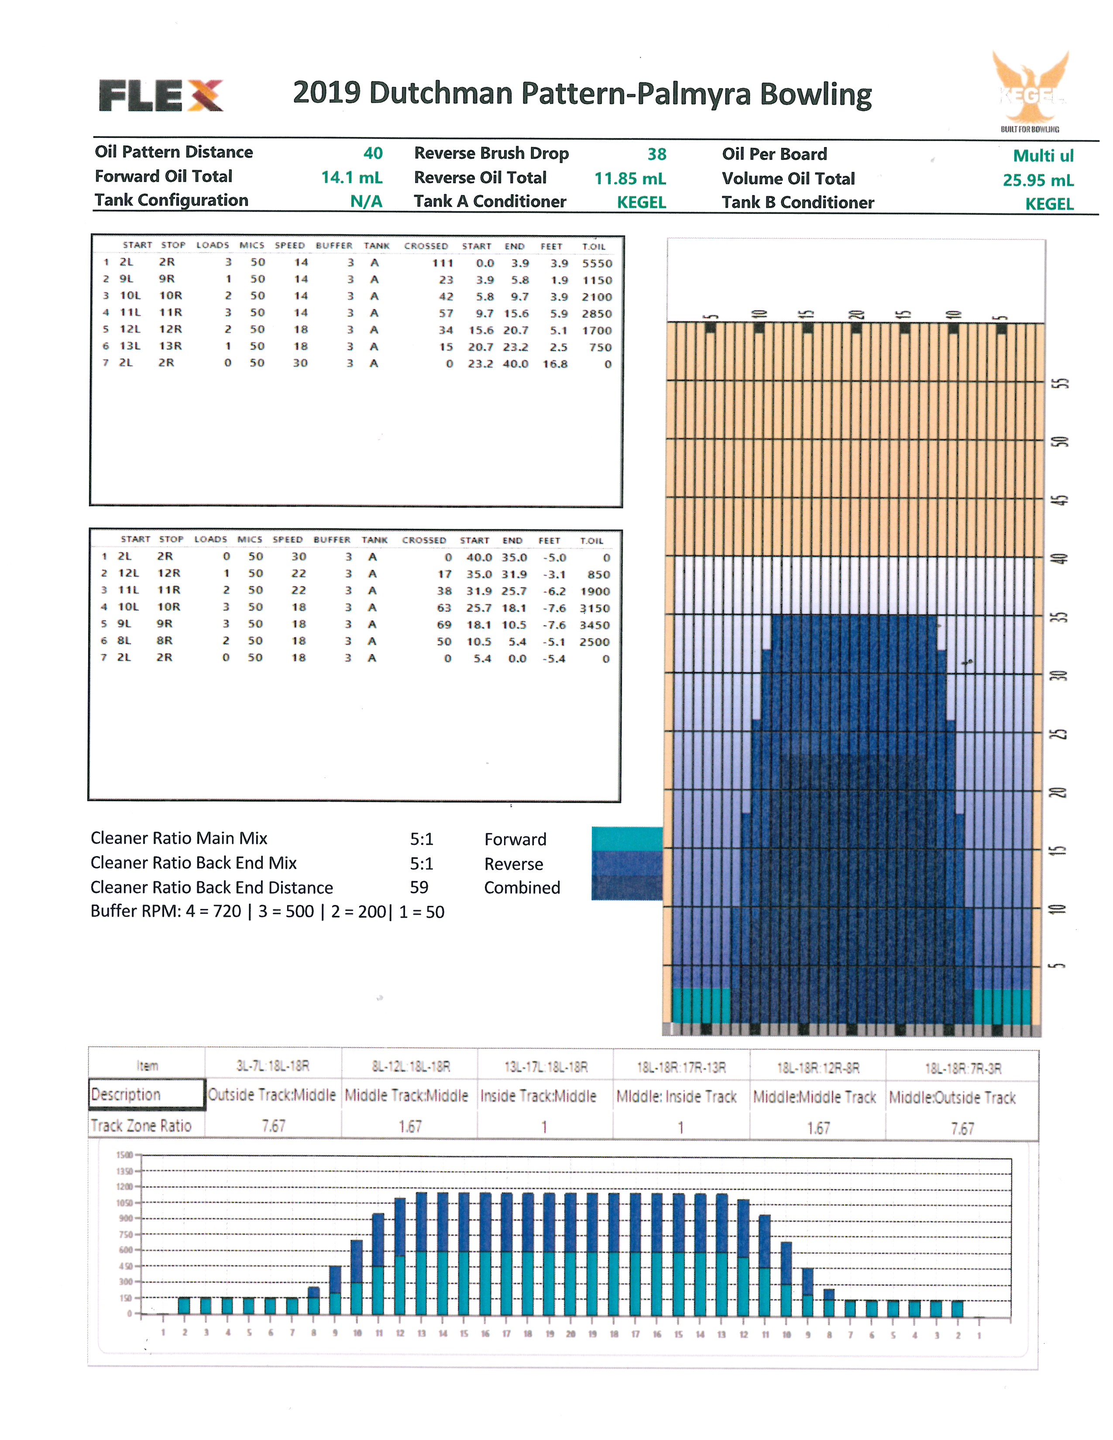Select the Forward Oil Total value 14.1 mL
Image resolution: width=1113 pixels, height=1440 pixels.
pos(351,177)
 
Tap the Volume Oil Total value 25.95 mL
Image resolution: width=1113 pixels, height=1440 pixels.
pos(1038,180)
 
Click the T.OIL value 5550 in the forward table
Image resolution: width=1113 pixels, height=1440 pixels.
pos(597,263)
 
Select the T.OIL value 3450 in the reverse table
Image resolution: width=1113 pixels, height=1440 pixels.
pos(594,625)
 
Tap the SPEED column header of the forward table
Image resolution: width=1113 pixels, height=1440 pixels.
pos(289,245)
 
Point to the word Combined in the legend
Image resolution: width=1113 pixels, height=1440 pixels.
pos(522,888)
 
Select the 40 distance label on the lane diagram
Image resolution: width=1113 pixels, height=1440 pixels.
pos(1059,559)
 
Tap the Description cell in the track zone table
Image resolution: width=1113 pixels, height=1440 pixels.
pos(146,1094)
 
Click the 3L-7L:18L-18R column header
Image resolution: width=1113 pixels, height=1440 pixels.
pos(272,1066)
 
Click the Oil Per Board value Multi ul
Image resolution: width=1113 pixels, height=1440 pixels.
pos(1043,156)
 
